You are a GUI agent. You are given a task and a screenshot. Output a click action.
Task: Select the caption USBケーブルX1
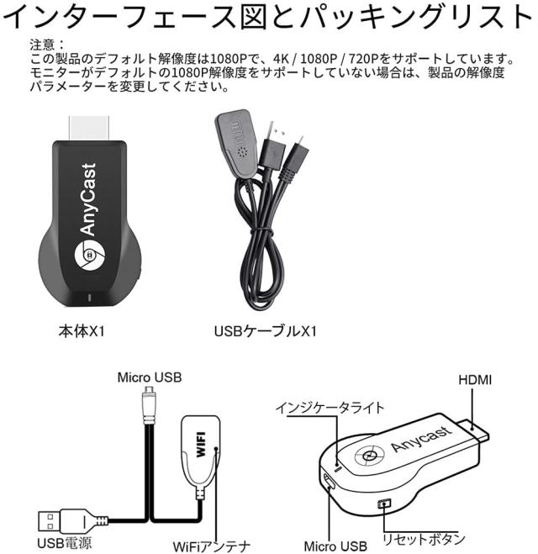click(x=266, y=330)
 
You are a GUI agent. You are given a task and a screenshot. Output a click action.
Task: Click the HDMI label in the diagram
click(x=475, y=379)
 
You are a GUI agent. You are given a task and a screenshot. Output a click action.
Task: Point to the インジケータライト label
click(x=330, y=408)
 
